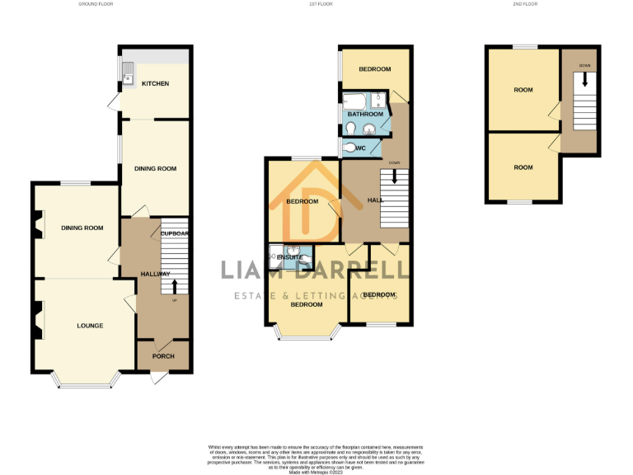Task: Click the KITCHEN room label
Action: coord(155,84)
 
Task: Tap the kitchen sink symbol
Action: coord(128,78)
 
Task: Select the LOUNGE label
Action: coord(90,326)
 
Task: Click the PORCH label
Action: coord(162,356)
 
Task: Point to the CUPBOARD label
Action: coord(175,233)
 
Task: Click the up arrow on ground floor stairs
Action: coord(174,287)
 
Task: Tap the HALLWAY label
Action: coord(155,274)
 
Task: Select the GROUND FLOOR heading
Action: coord(96,4)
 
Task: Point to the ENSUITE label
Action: coord(290,258)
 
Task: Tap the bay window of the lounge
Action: coord(85,384)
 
